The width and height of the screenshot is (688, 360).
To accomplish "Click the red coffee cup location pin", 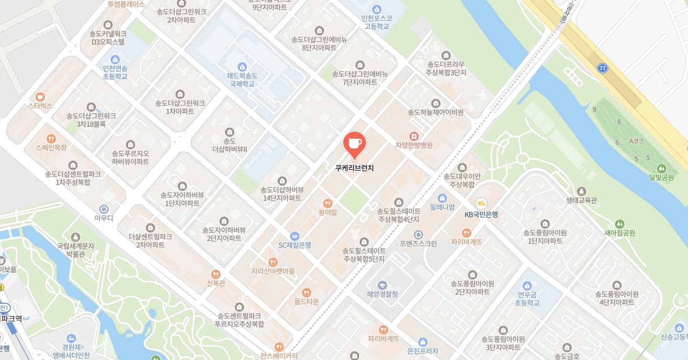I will [355, 143].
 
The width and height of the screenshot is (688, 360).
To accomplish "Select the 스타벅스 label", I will [40, 106].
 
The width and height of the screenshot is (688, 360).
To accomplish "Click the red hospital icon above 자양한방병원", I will [414, 136].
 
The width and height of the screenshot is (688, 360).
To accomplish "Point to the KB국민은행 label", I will [481, 214].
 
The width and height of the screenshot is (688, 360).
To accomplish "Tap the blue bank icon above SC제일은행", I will [295, 236].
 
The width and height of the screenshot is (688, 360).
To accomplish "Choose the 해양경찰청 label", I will [382, 294].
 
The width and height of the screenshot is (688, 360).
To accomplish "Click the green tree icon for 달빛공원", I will [661, 169].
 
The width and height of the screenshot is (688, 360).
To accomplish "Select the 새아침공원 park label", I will [620, 232].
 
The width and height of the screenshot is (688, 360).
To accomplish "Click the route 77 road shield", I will [602, 68].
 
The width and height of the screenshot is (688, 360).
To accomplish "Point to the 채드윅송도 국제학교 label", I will [242, 79].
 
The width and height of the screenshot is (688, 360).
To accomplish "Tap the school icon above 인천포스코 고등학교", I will [376, 9].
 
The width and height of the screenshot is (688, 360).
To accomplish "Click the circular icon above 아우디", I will [104, 209].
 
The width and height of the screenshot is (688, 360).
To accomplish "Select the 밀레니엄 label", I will [442, 207].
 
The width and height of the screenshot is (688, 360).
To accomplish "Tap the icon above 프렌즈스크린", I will [418, 234].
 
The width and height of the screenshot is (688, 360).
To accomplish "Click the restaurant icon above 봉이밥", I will [328, 203].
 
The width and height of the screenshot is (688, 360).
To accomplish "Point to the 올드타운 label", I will [306, 302].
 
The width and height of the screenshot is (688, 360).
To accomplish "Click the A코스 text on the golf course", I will [637, 141].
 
